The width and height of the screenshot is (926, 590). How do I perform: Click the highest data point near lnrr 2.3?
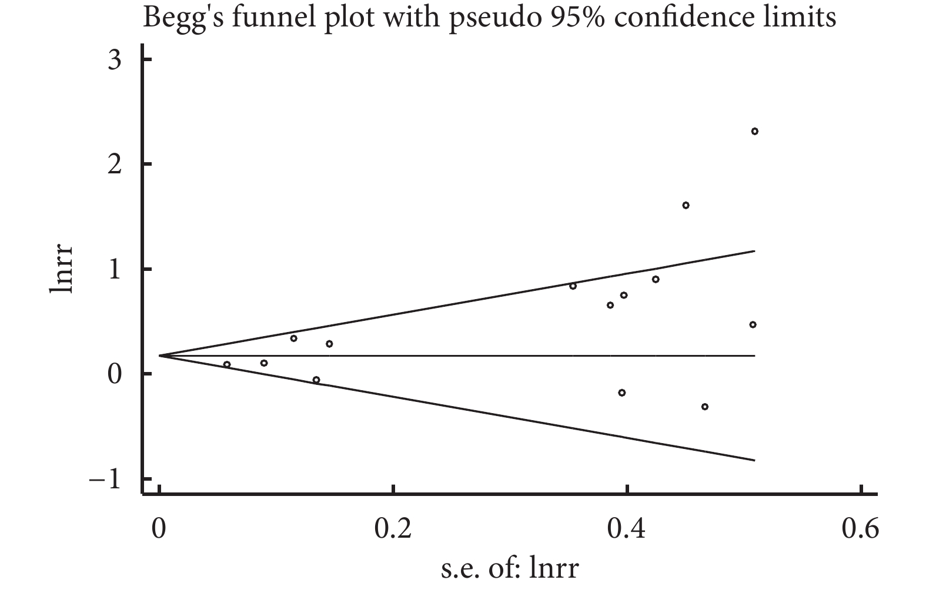coord(754,131)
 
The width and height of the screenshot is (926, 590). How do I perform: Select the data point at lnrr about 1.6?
coord(686,205)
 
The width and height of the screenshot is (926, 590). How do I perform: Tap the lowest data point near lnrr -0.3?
coord(704,407)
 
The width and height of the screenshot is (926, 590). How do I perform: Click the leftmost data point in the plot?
coord(227,364)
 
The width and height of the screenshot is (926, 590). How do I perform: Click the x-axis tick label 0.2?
coord(393,529)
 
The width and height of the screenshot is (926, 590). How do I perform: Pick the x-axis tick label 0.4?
coord(627,529)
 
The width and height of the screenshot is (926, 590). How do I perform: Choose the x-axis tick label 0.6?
coord(860,529)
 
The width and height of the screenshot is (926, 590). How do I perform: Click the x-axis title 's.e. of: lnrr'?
coord(510,569)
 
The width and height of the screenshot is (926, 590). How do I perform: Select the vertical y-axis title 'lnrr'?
coord(62,269)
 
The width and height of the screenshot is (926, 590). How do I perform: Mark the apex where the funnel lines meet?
coord(160,356)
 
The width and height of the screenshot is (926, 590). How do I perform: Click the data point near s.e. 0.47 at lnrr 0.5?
coord(753,324)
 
